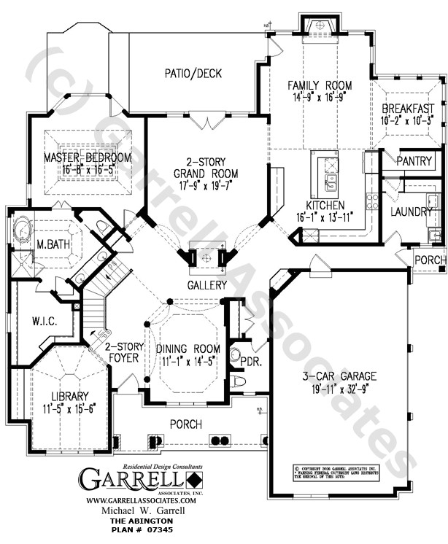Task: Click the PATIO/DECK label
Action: (193, 73)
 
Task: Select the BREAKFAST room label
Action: (406, 109)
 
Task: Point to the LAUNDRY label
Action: (412, 211)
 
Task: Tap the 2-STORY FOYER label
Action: (117, 353)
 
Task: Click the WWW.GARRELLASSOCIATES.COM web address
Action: (142, 501)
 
